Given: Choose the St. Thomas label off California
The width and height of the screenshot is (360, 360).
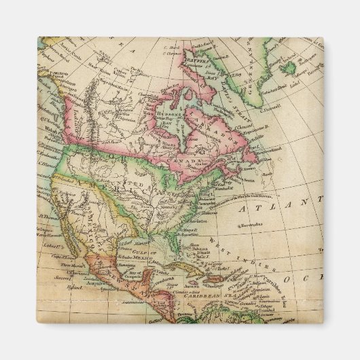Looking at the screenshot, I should (x=48, y=217).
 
